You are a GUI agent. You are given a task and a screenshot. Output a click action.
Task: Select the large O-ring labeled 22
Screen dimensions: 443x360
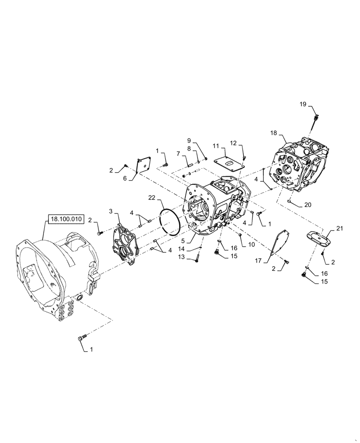coord(169,221)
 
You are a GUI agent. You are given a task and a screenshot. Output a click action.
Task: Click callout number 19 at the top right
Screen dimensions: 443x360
coord(302,104)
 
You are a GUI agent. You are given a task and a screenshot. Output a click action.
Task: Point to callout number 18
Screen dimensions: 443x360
coord(273,132)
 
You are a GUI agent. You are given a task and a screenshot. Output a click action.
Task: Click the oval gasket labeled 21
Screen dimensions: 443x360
coord(318,237)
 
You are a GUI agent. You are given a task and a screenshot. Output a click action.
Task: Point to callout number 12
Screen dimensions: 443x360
coord(233,142)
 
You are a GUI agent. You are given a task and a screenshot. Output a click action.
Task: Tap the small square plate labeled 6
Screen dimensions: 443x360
coord(143,164)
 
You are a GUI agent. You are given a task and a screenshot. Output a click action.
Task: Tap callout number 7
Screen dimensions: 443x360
coord(179,154)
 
